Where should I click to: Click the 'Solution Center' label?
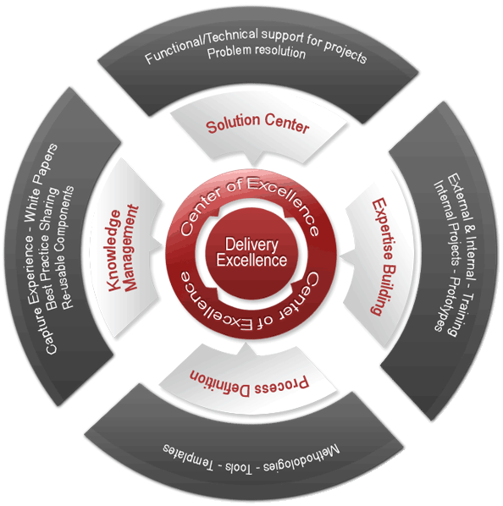pos(257,126)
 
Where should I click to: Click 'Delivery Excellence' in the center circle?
pos(251,252)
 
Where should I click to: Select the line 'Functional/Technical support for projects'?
pos(256,53)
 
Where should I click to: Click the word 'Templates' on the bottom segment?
pos(178,448)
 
